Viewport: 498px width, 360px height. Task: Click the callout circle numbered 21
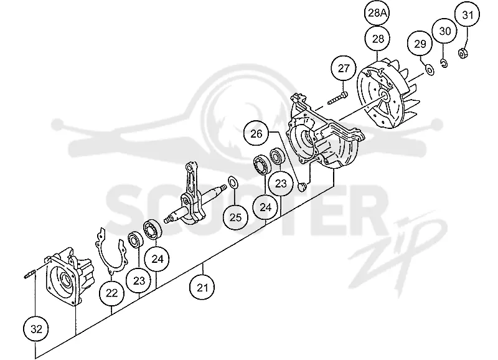(202, 288)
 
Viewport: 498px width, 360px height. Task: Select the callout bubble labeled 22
(112, 293)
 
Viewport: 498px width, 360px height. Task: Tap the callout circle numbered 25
(236, 217)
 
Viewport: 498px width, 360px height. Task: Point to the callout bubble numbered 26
(256, 134)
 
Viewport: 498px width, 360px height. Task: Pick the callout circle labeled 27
(344, 69)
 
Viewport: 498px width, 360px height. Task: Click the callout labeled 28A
(377, 13)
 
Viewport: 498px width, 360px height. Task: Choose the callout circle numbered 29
(421, 44)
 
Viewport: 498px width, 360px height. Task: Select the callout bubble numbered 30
(445, 31)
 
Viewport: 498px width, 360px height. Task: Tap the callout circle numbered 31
(467, 14)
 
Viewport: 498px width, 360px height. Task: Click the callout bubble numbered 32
(36, 329)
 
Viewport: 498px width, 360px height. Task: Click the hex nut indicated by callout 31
(463, 53)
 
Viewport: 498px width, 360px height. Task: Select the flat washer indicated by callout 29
(430, 70)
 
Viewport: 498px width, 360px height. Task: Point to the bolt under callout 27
(337, 98)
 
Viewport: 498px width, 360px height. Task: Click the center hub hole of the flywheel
(383, 95)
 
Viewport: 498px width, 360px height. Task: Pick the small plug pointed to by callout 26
(302, 186)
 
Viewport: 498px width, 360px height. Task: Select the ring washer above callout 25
(233, 182)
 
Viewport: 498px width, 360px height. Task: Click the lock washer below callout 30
(444, 64)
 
